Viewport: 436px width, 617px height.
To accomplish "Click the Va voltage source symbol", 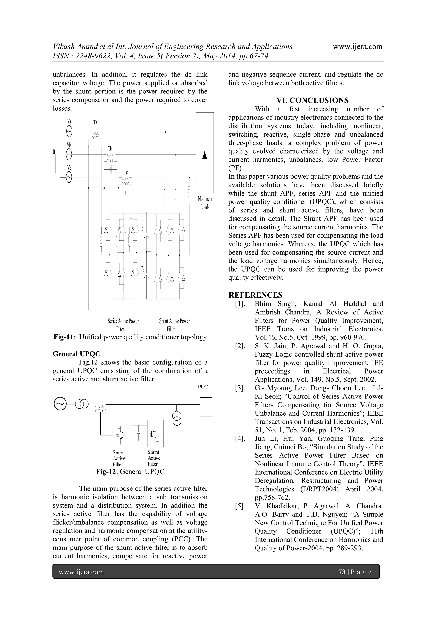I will (69, 131).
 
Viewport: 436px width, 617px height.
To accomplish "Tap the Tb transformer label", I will (110, 149).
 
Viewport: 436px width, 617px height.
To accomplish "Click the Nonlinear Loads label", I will (205, 203).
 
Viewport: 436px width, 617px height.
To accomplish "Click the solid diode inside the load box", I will (205, 155).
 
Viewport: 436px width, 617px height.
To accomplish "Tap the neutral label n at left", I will (54, 152).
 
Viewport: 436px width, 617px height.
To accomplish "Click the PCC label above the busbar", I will (203, 387).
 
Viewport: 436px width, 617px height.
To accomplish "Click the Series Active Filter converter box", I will (122, 433).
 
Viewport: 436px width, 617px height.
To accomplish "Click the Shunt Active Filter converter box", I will (155, 433).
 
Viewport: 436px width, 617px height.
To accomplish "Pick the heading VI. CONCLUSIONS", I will (313, 101).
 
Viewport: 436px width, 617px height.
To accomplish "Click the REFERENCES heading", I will (255, 295).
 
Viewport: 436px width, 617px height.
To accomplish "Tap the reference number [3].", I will (240, 388).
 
